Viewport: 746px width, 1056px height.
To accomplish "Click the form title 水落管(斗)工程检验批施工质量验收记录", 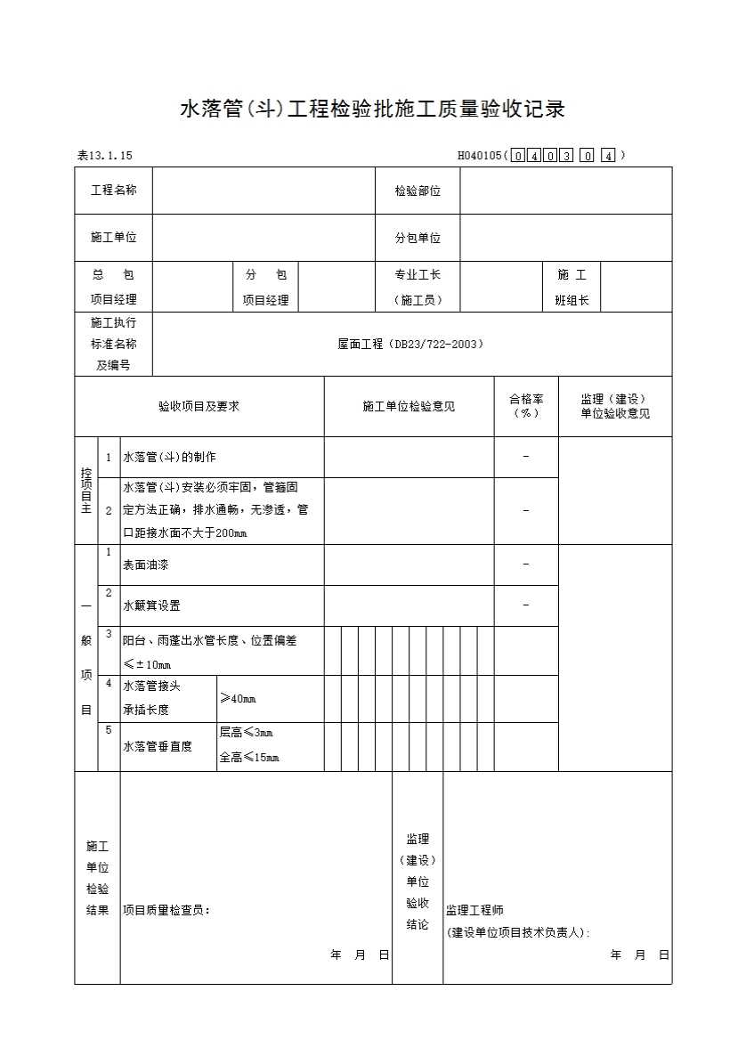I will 372,110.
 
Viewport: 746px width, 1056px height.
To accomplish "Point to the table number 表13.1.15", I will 105,156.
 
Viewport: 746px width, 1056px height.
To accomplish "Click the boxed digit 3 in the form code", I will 566,156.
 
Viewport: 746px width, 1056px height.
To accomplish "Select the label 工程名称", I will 113,191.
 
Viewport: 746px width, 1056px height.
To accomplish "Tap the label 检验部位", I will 418,191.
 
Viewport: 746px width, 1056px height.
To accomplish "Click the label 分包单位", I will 418,238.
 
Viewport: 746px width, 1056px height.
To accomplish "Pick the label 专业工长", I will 418,275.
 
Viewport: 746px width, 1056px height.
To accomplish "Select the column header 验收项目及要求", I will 199,406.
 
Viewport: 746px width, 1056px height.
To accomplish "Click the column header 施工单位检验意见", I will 409,406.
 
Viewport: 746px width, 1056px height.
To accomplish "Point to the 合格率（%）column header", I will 526,406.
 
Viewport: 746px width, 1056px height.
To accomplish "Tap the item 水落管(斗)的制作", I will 169,457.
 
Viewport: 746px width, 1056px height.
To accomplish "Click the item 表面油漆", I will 146,565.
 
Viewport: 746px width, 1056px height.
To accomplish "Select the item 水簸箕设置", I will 151,605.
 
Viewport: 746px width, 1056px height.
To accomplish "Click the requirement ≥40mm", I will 238,698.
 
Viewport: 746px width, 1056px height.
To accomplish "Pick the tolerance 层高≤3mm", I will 246,733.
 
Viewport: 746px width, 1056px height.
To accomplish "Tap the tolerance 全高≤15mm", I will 249,758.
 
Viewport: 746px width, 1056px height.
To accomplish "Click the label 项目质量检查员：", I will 166,910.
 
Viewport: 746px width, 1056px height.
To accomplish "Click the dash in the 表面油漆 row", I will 526,565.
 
